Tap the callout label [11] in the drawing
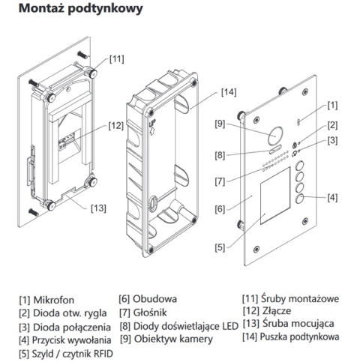click(x=118, y=58)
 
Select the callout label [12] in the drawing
click(x=115, y=125)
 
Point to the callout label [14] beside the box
click(x=229, y=92)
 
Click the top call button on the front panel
click(x=299, y=168)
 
